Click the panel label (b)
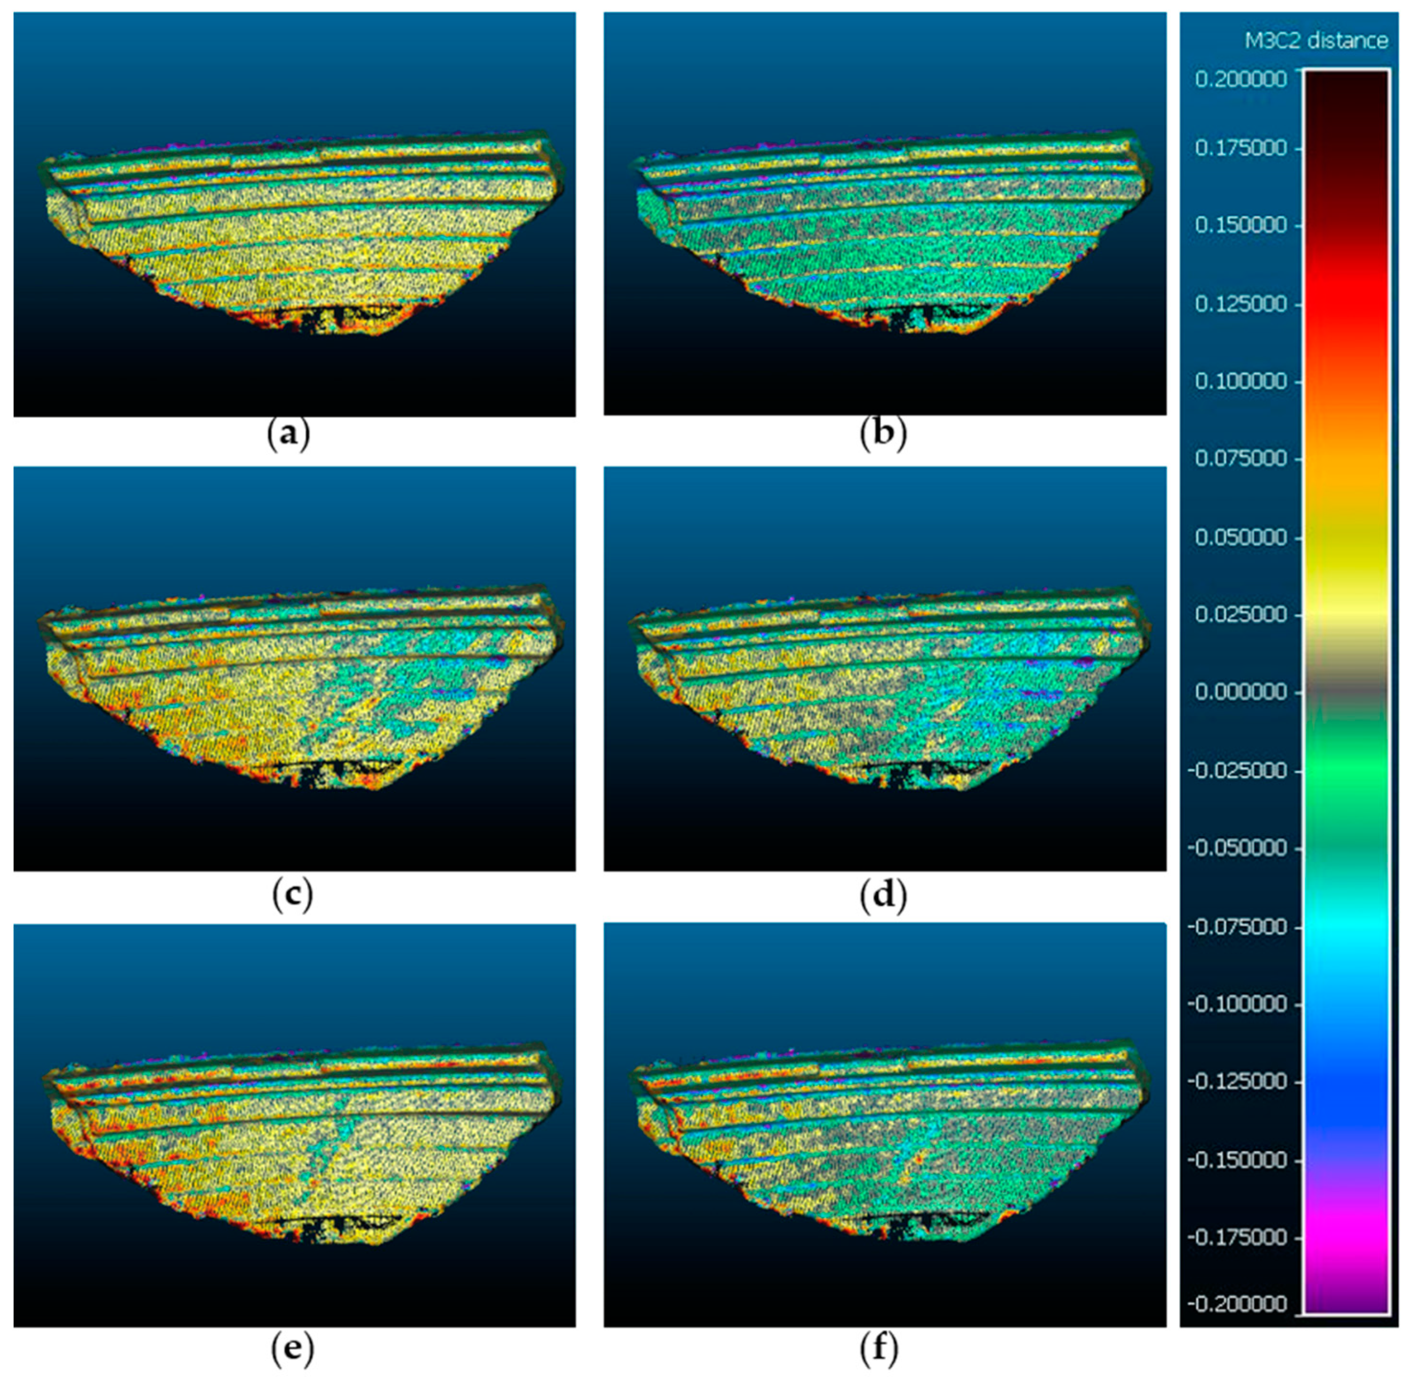883,436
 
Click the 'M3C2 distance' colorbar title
1316,41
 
